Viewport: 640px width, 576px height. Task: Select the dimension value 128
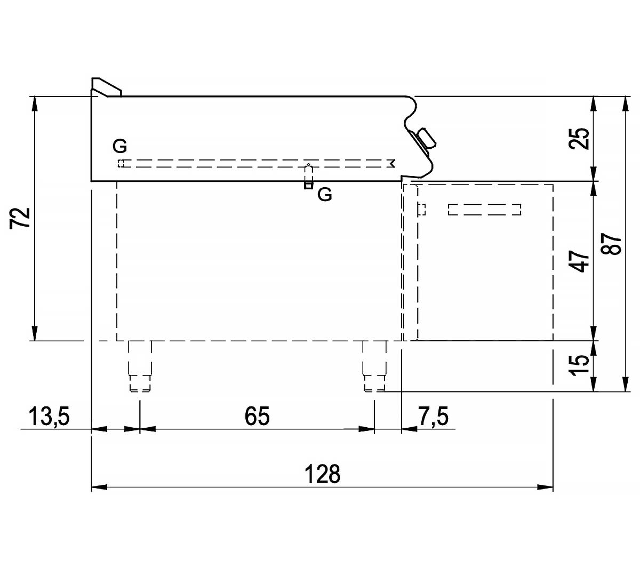[323, 474]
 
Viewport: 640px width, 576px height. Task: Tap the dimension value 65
[257, 416]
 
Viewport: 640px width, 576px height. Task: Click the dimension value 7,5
[433, 416]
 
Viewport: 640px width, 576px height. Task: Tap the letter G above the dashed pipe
[120, 145]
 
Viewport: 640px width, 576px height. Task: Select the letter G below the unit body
[324, 195]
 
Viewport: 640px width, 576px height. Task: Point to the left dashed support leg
[140, 366]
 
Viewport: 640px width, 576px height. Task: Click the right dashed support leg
[374, 366]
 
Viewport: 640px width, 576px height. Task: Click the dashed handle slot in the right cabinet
[484, 210]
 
